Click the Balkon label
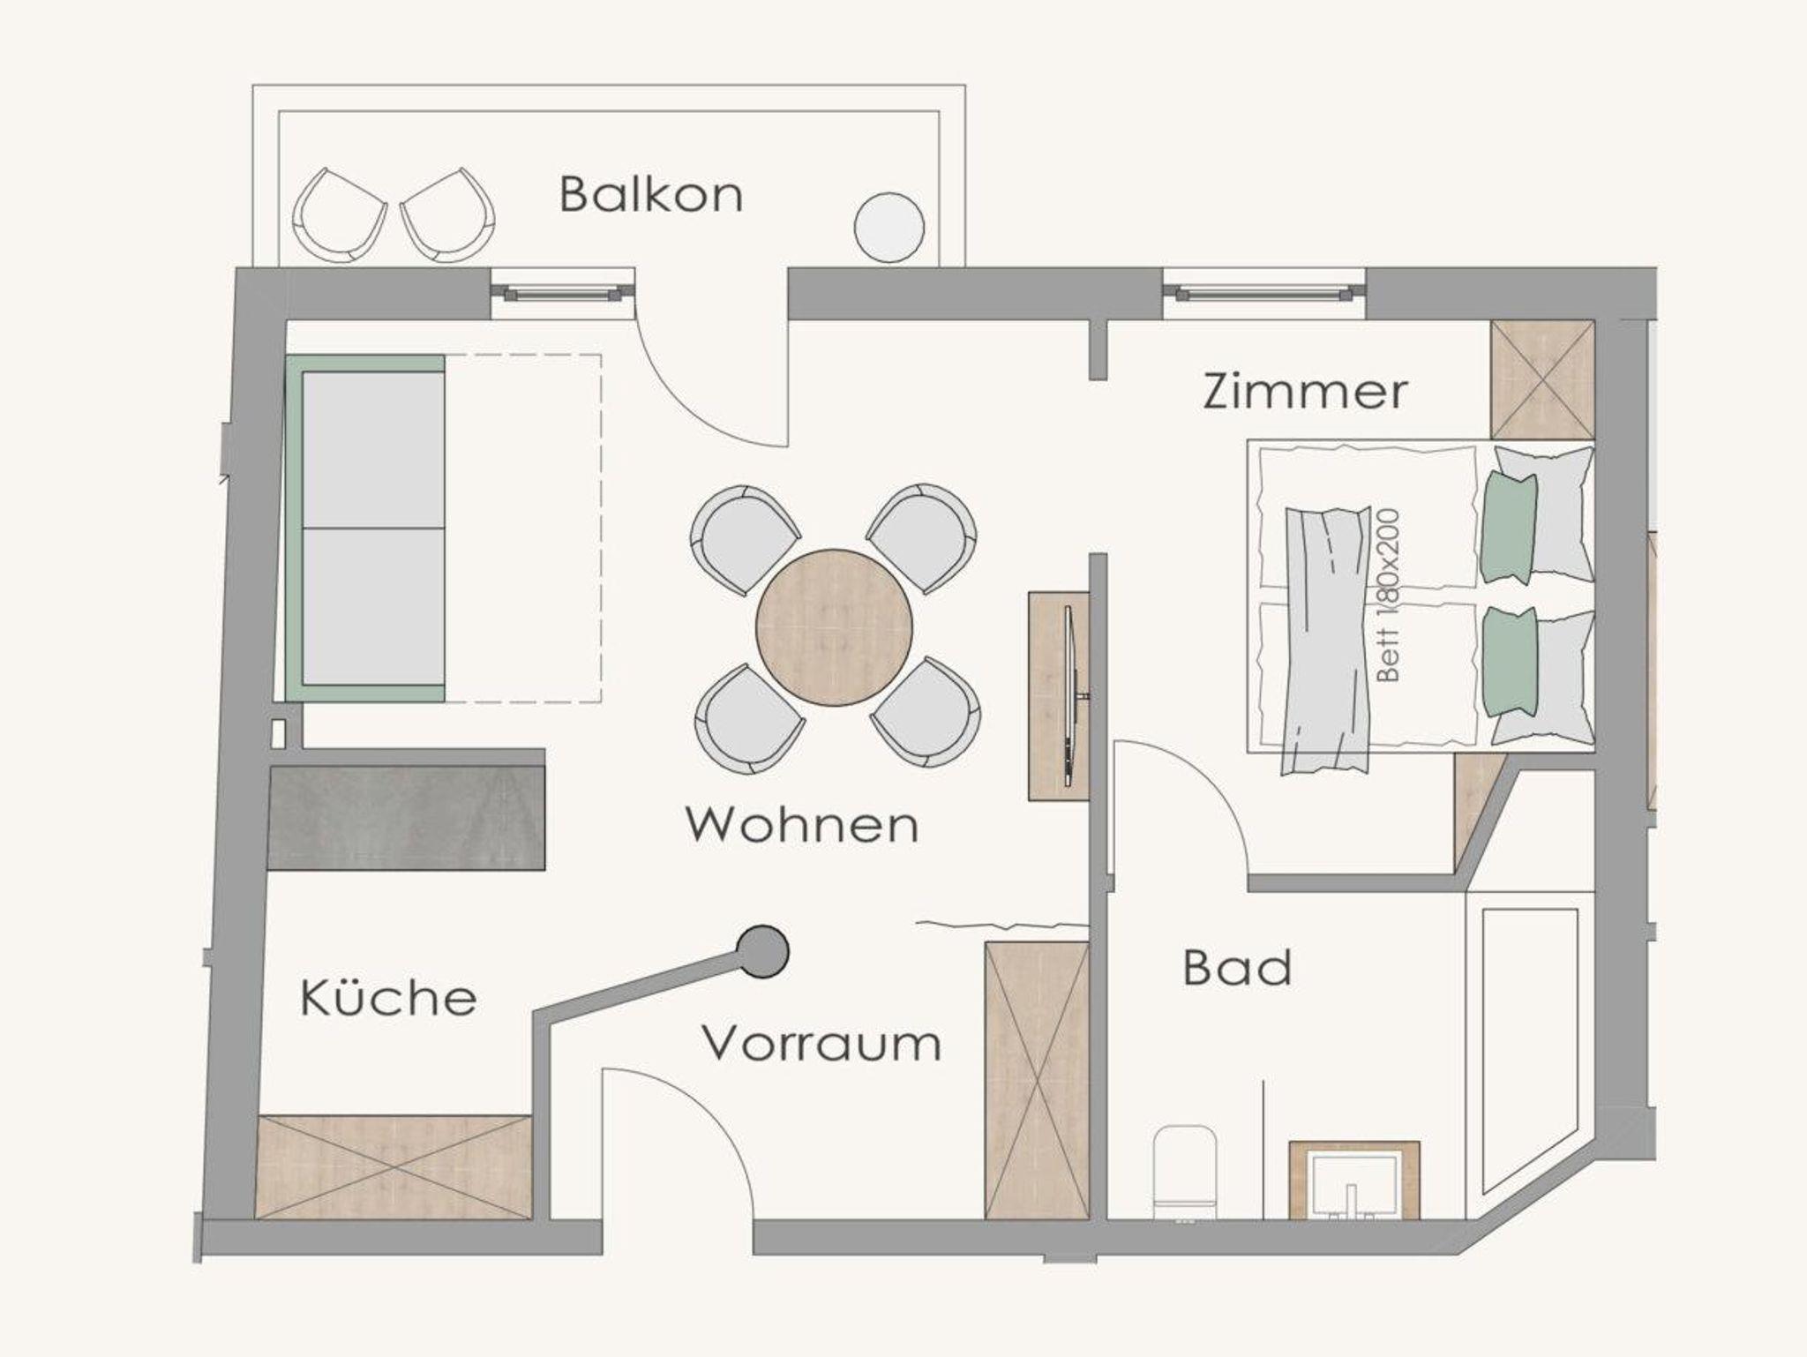pos(651,194)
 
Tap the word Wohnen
pos(802,825)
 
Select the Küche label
pos(388,997)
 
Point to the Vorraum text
pos(821,1044)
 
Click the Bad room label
pos(1237,968)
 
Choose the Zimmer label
pos(1305,391)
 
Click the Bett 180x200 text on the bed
pos(1388,595)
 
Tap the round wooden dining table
pos(834,627)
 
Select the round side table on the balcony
pos(889,227)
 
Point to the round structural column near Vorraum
pos(762,951)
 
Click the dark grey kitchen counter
pos(407,818)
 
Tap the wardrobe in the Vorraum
pos(1037,1081)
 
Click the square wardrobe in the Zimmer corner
pos(1542,379)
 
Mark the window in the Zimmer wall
pos(1264,294)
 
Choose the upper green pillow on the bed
pos(1510,527)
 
